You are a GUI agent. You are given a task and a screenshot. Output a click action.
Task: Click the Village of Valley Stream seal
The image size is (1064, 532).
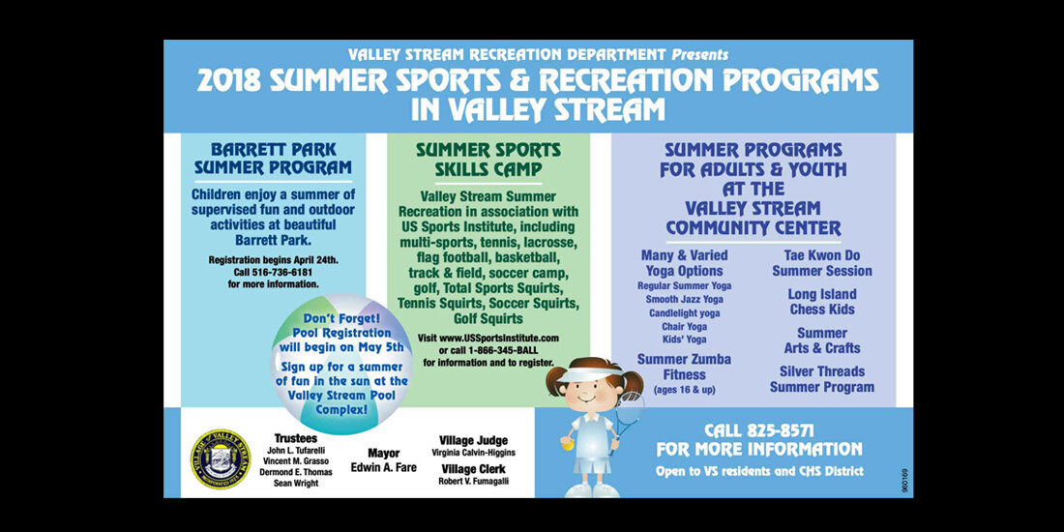click(221, 458)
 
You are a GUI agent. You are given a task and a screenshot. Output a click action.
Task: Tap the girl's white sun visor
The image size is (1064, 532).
click(579, 374)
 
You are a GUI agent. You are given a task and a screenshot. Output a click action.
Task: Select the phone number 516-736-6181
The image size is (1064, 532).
click(282, 272)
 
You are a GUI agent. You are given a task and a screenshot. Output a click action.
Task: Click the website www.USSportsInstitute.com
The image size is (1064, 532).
click(499, 338)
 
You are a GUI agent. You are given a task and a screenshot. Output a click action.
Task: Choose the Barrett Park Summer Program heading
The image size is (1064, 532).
click(274, 158)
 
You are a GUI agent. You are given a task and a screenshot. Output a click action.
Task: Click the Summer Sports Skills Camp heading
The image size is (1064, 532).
click(488, 159)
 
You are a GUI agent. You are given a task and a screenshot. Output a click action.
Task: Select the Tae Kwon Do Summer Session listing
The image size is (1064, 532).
click(822, 263)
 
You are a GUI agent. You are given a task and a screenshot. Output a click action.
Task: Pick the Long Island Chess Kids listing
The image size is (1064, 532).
click(822, 302)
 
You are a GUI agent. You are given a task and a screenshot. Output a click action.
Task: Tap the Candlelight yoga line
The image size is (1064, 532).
click(685, 312)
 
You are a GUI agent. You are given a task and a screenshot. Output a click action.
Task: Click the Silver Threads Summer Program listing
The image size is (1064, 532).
click(822, 380)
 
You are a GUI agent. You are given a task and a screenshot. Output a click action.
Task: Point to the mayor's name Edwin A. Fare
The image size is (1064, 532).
click(383, 467)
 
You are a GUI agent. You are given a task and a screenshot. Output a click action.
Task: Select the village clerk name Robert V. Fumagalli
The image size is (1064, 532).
click(474, 481)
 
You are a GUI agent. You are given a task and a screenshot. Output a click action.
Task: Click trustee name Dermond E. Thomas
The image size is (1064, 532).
click(296, 472)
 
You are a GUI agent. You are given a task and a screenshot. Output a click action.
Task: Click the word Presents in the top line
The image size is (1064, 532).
click(700, 53)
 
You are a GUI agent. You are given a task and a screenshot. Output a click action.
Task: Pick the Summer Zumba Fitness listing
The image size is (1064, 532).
click(684, 368)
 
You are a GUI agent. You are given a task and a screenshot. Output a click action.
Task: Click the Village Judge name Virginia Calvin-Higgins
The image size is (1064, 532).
click(474, 453)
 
